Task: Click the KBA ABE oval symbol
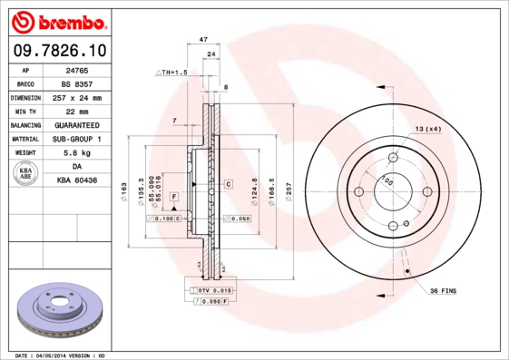click(26, 174)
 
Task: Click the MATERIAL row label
click(24, 139)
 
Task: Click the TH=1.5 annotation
click(172, 72)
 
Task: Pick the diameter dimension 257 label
click(289, 191)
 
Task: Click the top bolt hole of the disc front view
click(393, 157)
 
